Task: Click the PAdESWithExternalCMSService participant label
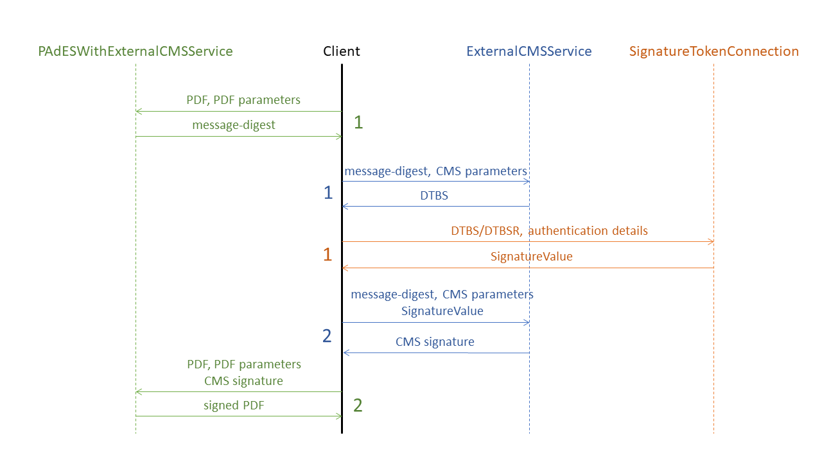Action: [136, 51]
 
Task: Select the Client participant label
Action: [342, 51]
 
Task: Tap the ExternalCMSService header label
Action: [529, 51]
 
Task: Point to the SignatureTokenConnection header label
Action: [714, 51]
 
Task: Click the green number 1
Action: [358, 123]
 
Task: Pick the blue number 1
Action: [328, 193]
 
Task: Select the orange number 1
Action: [328, 255]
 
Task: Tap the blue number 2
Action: [328, 336]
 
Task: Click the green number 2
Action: [358, 406]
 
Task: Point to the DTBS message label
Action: [434, 196]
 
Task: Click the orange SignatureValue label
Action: [531, 257]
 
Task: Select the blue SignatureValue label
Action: [442, 311]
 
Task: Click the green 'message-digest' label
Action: [234, 126]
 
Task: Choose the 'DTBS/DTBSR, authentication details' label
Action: [549, 231]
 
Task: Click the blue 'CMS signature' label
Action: [435, 342]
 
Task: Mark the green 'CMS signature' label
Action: [243, 381]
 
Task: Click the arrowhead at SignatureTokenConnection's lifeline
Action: [710, 241]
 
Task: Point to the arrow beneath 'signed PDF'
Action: [238, 416]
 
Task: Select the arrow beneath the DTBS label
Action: [435, 206]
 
